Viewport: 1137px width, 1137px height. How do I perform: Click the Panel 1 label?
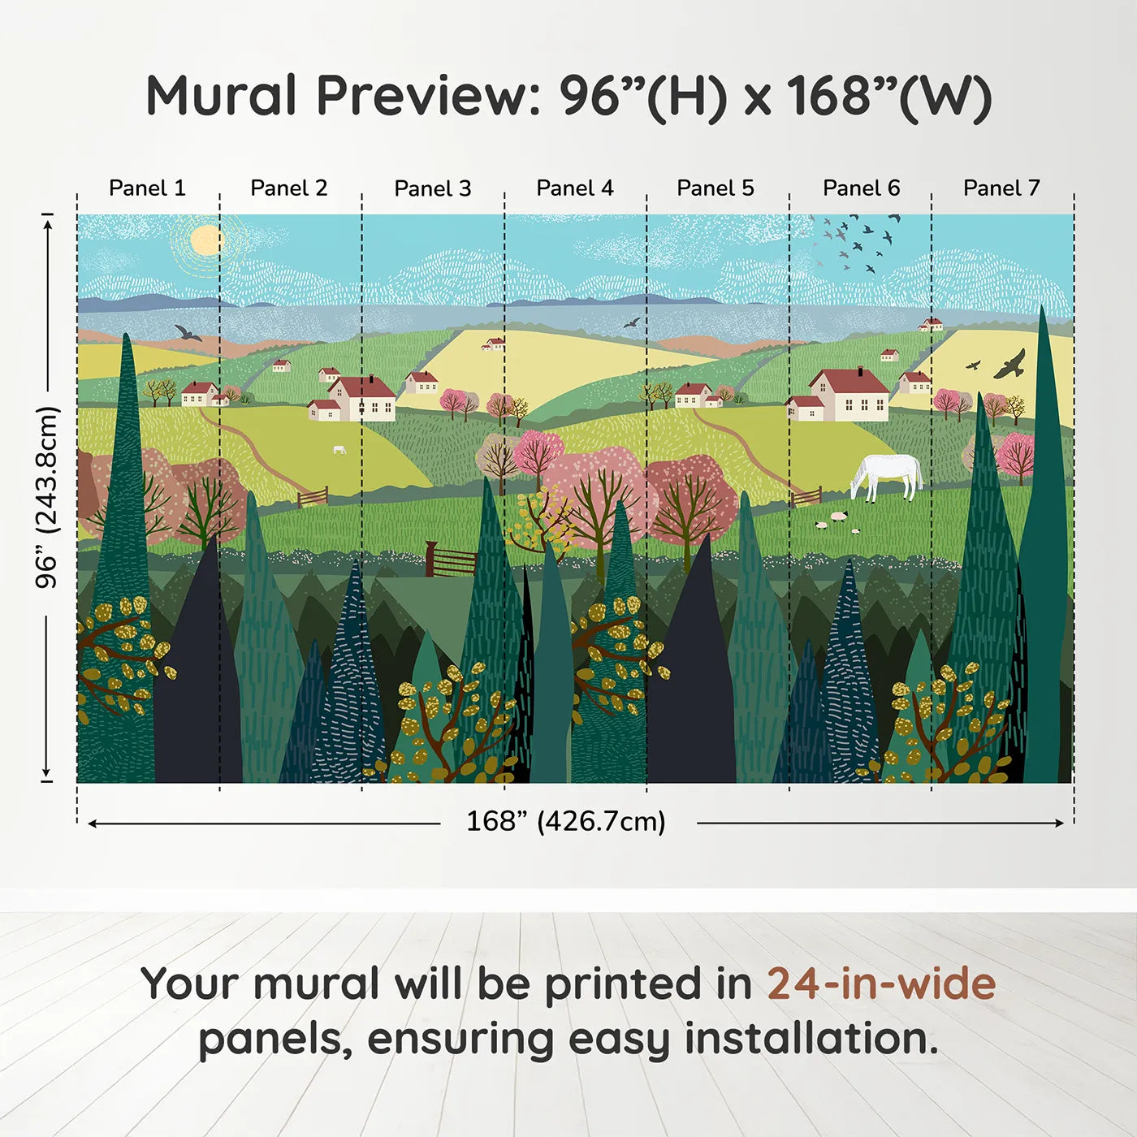click(147, 188)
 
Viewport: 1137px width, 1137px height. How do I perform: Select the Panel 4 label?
click(575, 188)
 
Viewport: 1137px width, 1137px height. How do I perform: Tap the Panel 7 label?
click(1001, 188)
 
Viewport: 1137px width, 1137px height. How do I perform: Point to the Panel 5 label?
click(715, 188)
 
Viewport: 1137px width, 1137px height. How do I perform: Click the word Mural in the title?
click(221, 96)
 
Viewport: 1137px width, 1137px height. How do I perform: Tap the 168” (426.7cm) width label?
click(566, 822)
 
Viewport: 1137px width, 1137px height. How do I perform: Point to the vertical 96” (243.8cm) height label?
click(47, 497)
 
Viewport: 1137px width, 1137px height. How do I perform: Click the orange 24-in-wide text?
click(881, 984)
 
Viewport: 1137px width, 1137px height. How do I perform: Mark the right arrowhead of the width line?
click(1059, 824)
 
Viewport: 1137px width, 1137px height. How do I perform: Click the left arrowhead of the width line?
click(92, 824)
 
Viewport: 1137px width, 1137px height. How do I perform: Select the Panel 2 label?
click(289, 188)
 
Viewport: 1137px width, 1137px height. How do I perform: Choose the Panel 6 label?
click(861, 188)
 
